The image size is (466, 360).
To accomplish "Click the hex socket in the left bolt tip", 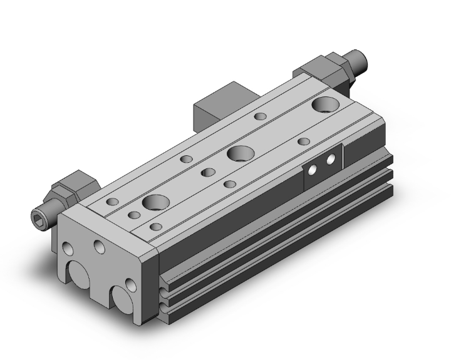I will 36,215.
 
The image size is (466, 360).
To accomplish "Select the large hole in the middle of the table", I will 239,152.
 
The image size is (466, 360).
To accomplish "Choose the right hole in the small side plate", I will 329,159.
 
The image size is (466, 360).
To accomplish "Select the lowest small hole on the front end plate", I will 130,285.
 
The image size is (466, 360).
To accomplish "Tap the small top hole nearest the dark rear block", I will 259,116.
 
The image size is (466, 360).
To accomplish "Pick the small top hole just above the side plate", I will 304,141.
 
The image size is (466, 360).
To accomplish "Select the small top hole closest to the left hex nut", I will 113,202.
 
